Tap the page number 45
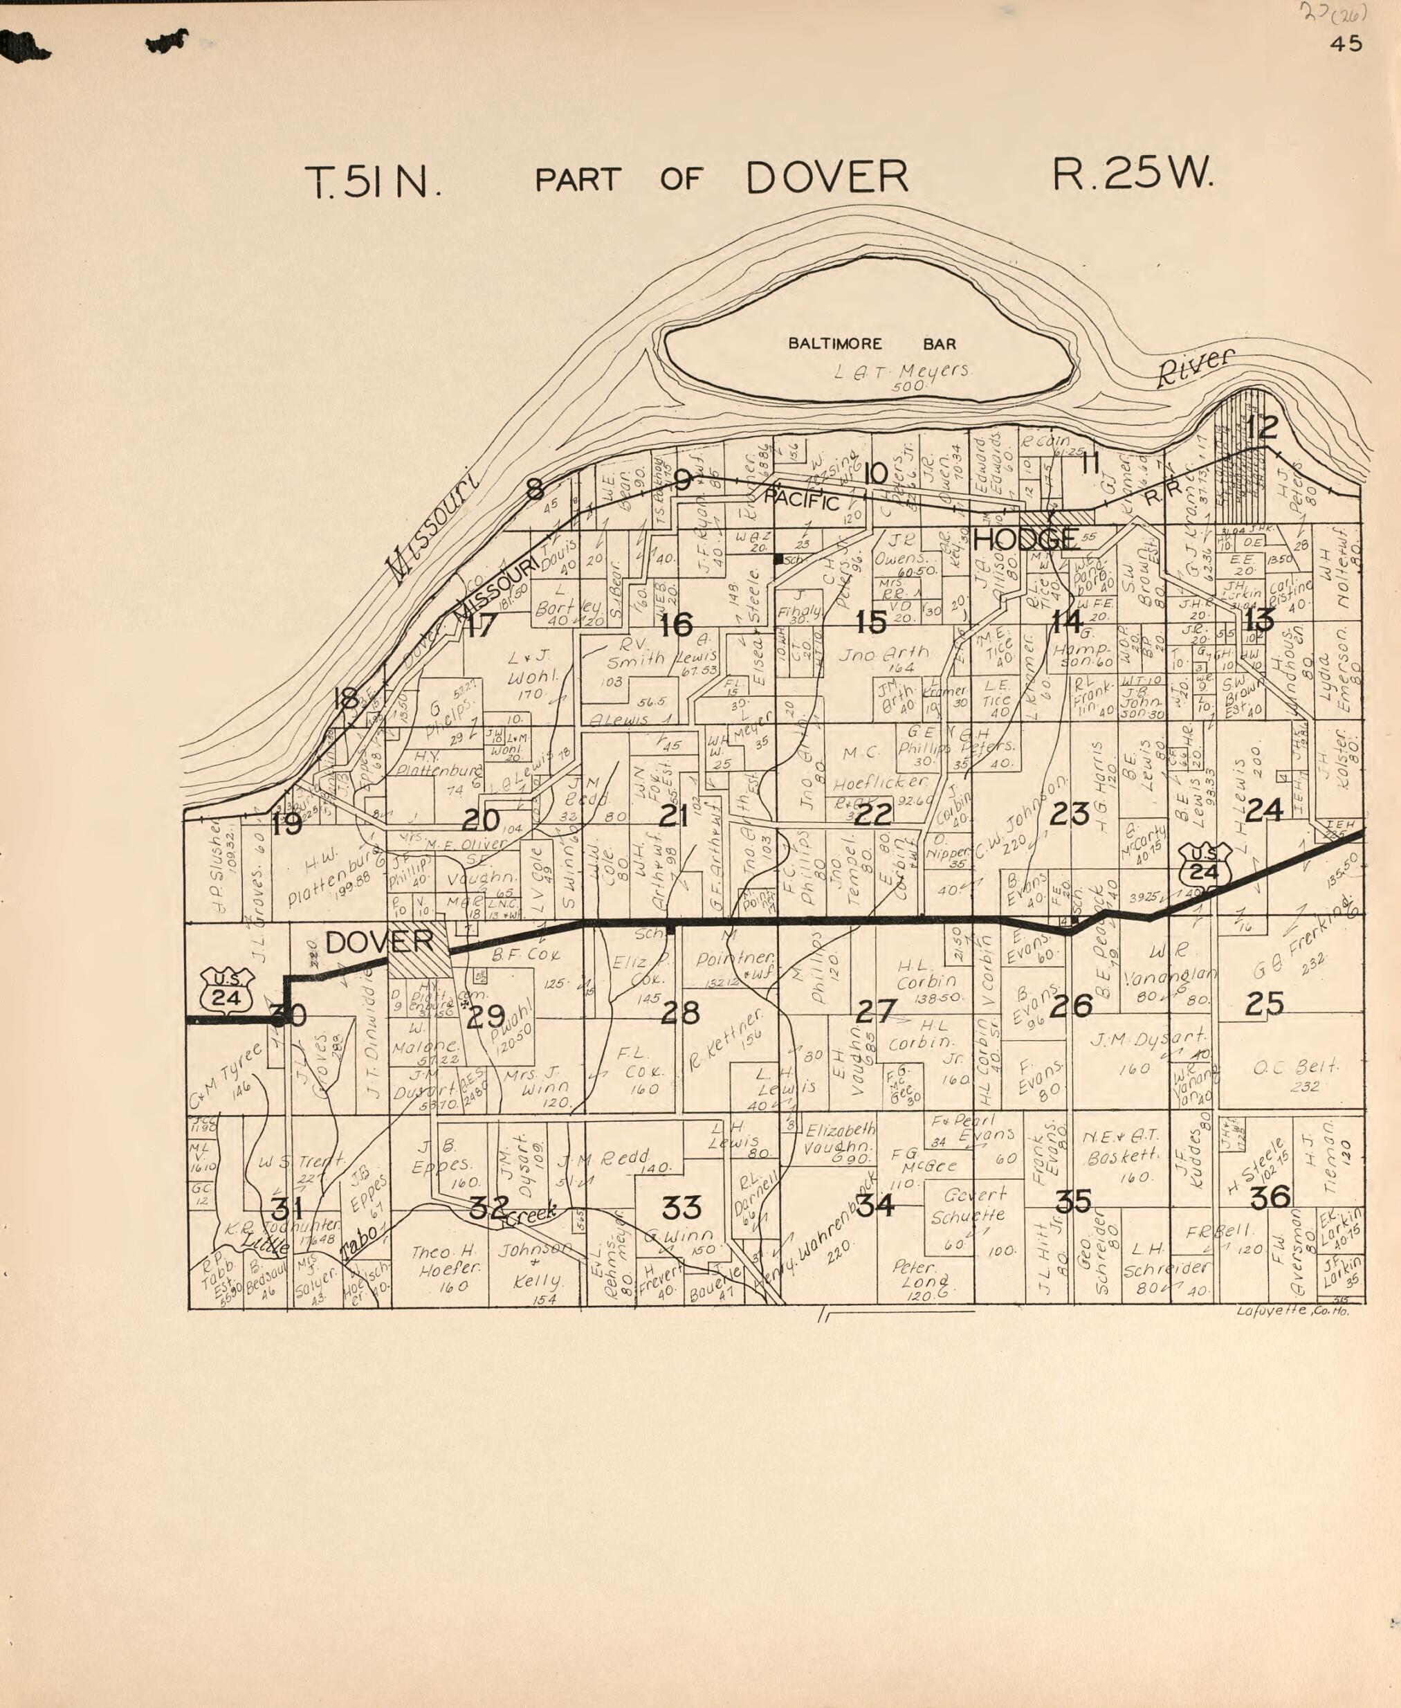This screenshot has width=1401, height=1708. tap(1346, 44)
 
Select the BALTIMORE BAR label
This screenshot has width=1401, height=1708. tap(872, 344)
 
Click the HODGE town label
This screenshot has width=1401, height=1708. tap(1025, 538)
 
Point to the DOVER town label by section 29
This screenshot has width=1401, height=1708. tap(378, 941)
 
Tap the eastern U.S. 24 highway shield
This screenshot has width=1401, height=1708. tap(1203, 864)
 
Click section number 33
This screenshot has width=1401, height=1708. tap(682, 1208)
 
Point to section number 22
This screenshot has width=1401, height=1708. tap(872, 815)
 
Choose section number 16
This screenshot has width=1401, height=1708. tap(677, 624)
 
